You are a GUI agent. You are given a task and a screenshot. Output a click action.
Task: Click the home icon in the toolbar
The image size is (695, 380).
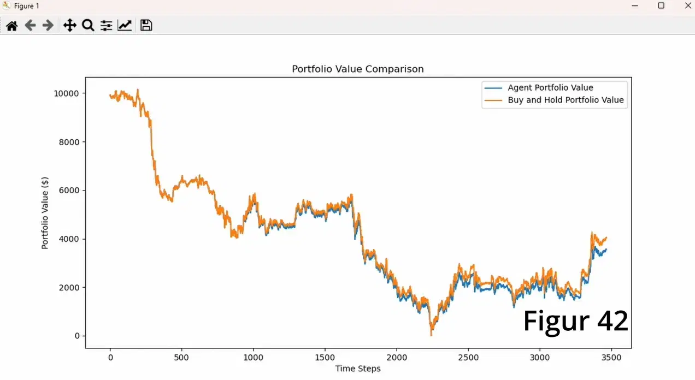[11, 25]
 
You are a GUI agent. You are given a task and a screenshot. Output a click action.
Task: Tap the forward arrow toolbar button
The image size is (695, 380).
[48, 25]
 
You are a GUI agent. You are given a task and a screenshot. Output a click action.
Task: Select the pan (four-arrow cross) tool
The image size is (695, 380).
[69, 25]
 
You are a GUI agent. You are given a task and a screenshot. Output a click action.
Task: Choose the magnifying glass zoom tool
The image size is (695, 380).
[88, 25]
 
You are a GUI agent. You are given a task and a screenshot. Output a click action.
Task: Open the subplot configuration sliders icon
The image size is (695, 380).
[106, 25]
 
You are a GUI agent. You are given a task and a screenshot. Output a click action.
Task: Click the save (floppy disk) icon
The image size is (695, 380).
[146, 25]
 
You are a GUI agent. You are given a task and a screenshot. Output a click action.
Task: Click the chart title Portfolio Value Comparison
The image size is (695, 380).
[358, 69]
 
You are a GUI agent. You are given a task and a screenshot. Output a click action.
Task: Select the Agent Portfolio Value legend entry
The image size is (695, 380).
[550, 87]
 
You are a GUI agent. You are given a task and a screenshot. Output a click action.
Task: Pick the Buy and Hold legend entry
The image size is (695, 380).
[566, 100]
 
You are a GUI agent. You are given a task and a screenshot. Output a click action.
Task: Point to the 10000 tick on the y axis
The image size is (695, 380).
[66, 93]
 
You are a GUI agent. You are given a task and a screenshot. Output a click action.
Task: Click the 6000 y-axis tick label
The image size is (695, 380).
[68, 191]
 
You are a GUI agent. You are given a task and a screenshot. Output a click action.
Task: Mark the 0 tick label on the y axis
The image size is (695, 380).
[76, 336]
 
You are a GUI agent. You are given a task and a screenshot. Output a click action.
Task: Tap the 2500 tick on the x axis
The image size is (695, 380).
[468, 357]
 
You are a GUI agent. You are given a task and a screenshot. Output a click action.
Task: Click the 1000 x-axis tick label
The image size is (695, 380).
[254, 357]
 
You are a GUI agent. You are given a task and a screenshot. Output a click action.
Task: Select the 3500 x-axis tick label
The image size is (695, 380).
[611, 357]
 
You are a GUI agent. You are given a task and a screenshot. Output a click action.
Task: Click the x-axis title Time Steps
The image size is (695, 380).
[358, 369]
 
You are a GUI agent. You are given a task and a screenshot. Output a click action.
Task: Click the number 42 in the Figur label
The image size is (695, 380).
[612, 322]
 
